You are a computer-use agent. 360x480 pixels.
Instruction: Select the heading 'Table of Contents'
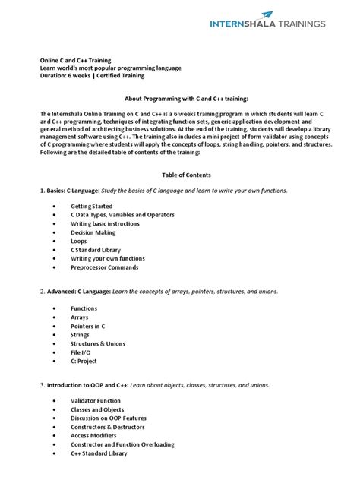[x=179, y=175]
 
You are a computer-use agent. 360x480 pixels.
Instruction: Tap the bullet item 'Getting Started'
[x=91, y=207]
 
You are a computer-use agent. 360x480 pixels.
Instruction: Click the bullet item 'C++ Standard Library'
[x=99, y=453]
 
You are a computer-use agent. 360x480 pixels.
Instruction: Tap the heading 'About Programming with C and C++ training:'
[x=180, y=99]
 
